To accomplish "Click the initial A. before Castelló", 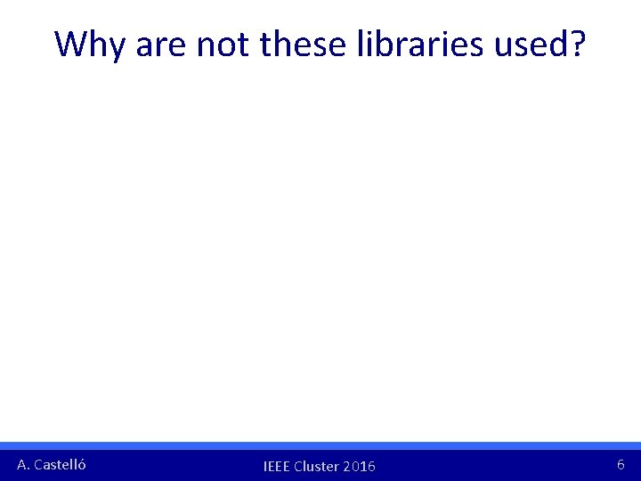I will point(23,464).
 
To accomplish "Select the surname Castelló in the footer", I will point(60,464).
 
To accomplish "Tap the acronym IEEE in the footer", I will point(277,467).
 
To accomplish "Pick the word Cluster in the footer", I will point(317,467).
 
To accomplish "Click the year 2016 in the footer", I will point(360,467).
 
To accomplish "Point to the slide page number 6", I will point(621,464).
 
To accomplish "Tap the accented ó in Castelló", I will point(82,464).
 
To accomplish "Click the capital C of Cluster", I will point(298,467).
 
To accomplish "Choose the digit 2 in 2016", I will point(347,467).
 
